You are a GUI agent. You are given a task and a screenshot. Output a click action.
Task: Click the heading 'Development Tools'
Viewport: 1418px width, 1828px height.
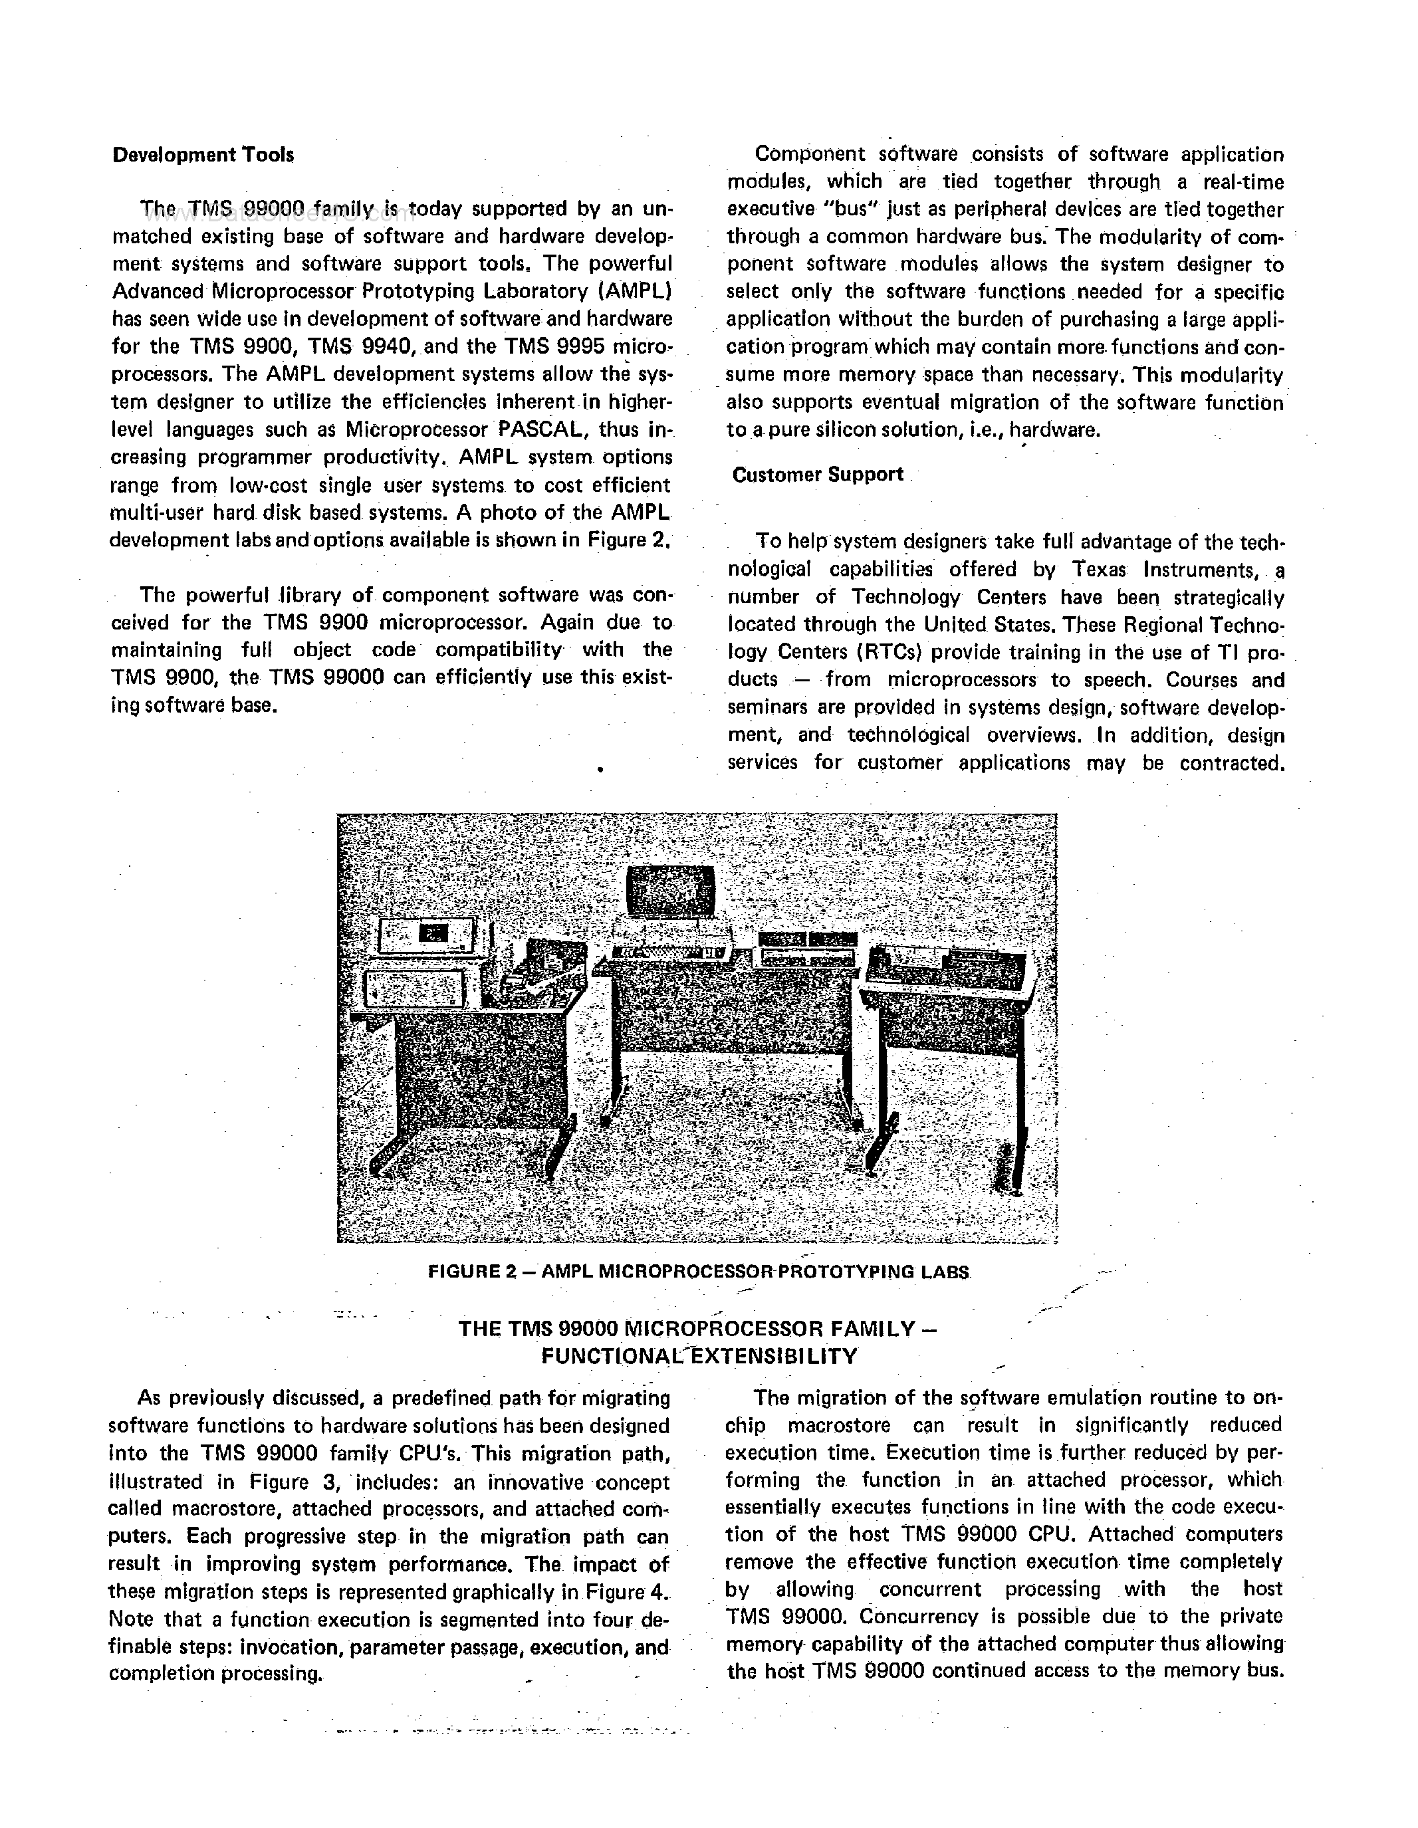pos(203,155)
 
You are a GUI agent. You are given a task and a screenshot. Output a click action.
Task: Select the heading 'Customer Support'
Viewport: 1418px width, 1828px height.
pos(818,475)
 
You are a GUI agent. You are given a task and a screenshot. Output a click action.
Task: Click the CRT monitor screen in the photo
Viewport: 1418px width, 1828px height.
pos(671,889)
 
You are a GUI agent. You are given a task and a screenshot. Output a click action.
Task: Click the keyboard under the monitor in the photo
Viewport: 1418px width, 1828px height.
pos(669,952)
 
